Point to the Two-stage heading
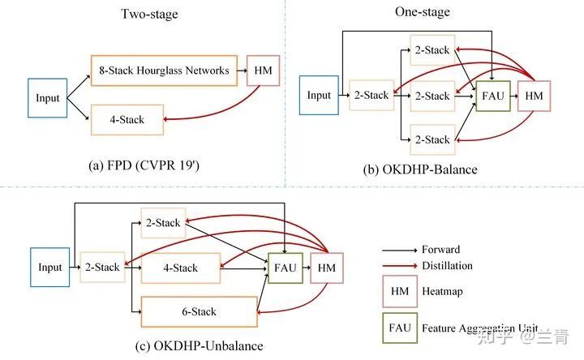point(149,14)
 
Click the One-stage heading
point(423,12)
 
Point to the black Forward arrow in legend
point(400,251)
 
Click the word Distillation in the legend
point(447,266)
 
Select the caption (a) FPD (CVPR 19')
point(144,165)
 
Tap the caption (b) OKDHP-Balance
point(420,169)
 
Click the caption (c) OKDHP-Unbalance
point(200,346)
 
